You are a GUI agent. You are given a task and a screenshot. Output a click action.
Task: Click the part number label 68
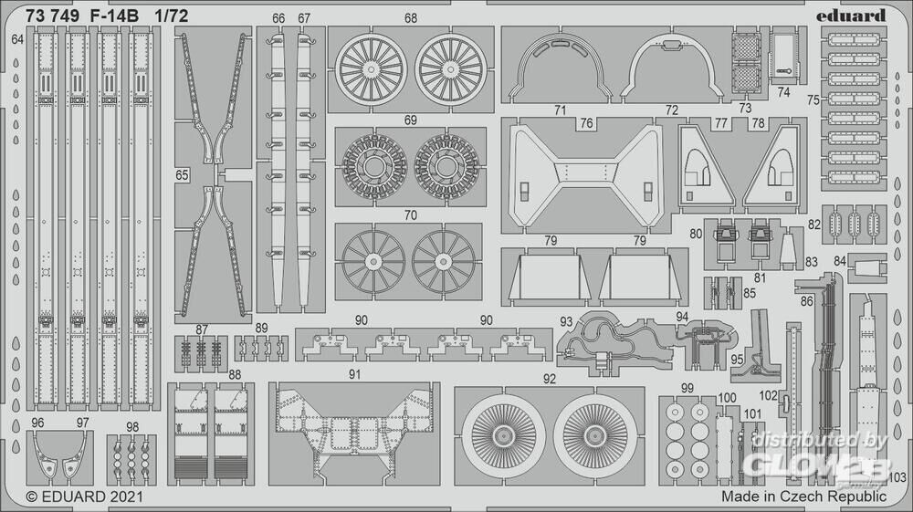click(411, 18)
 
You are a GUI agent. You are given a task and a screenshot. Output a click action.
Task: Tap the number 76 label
click(586, 124)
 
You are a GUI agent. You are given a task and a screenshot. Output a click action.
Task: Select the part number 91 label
click(355, 374)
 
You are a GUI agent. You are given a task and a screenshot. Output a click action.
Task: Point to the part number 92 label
click(549, 377)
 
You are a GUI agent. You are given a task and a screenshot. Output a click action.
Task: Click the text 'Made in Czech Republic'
click(803, 497)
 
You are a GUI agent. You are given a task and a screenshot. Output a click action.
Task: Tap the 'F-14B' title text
click(111, 16)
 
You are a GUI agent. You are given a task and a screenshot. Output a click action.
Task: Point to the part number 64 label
click(18, 40)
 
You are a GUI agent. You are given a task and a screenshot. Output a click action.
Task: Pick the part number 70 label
click(411, 216)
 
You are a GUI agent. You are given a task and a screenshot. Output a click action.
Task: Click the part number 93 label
click(567, 321)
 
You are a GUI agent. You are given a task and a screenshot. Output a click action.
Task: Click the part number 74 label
click(784, 92)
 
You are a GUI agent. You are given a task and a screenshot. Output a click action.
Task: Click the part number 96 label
click(37, 423)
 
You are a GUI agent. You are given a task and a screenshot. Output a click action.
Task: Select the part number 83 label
click(811, 262)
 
